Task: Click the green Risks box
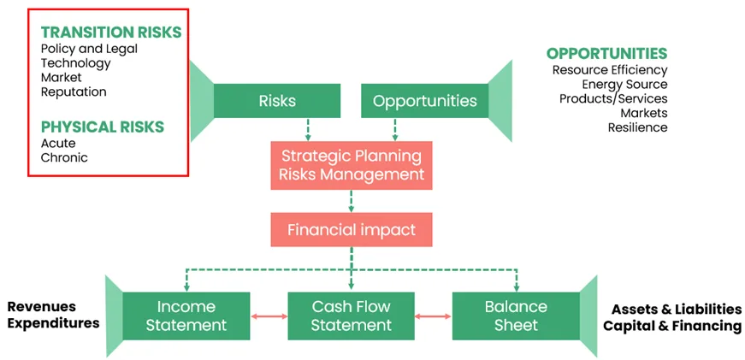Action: click(x=276, y=101)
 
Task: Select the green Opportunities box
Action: click(x=424, y=101)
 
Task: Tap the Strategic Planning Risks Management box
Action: click(x=352, y=165)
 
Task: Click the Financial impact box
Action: click(x=352, y=230)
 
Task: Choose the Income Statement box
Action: click(x=186, y=316)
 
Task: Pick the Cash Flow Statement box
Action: click(x=351, y=316)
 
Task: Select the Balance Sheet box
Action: click(x=516, y=316)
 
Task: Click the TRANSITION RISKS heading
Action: click(x=111, y=32)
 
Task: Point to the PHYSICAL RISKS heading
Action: click(x=103, y=127)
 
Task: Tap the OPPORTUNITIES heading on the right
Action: click(x=606, y=54)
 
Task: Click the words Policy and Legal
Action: click(x=89, y=49)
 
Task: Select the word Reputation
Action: click(x=74, y=92)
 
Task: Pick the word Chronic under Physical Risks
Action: click(x=64, y=157)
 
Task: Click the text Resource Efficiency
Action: click(x=610, y=70)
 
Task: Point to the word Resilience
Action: click(x=637, y=127)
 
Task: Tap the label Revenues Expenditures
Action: click(x=53, y=315)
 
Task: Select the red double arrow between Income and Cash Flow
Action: click(x=269, y=316)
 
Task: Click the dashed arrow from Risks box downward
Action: click(x=307, y=129)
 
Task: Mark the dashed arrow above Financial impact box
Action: click(x=352, y=201)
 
